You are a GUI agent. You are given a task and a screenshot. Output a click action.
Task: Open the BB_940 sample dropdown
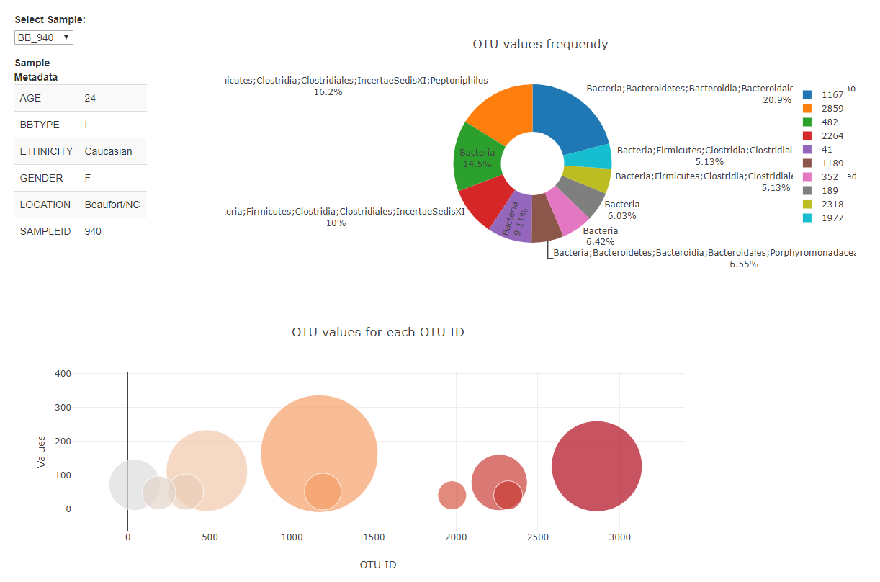point(43,37)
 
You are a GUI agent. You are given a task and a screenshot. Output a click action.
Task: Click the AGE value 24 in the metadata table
point(90,98)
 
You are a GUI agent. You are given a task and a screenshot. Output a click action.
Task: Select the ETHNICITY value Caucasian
point(108,151)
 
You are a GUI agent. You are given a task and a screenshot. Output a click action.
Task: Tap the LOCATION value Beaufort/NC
point(112,205)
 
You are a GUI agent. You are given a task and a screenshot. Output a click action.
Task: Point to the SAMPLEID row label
point(45,231)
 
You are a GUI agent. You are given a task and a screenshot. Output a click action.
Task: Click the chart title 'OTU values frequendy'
point(540,44)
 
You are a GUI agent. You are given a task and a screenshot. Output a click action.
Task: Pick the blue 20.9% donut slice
point(576,115)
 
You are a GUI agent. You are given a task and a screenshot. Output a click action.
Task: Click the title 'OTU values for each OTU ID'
point(377,332)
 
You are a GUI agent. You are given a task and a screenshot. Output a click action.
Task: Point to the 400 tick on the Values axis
point(63,373)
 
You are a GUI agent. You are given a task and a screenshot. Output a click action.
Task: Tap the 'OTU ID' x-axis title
point(377,565)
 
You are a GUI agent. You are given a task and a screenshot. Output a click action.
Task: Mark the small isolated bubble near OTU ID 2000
point(452,495)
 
